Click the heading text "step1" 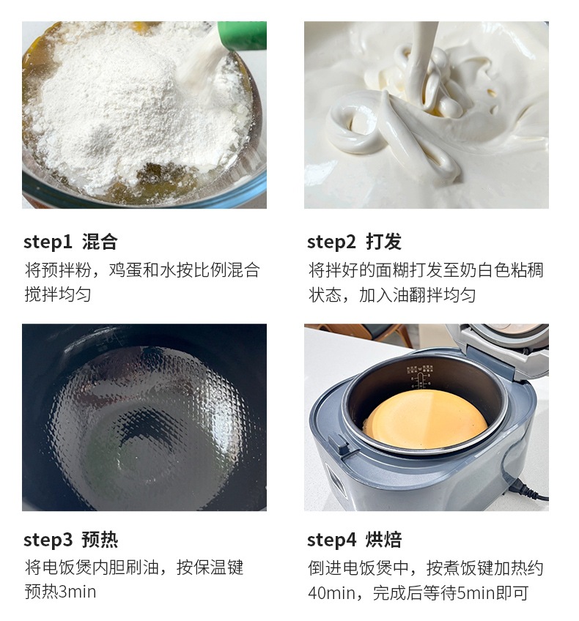click(48, 242)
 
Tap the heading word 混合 click(100, 242)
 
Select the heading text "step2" click(331, 242)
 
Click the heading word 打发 click(383, 242)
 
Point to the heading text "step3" click(48, 540)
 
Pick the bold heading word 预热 click(100, 540)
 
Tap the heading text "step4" click(332, 540)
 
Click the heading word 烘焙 click(383, 540)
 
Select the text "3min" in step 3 click(77, 592)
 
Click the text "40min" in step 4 click(331, 593)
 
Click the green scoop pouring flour click(242, 36)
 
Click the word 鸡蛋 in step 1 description click(125, 270)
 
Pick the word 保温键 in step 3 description click(218, 568)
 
